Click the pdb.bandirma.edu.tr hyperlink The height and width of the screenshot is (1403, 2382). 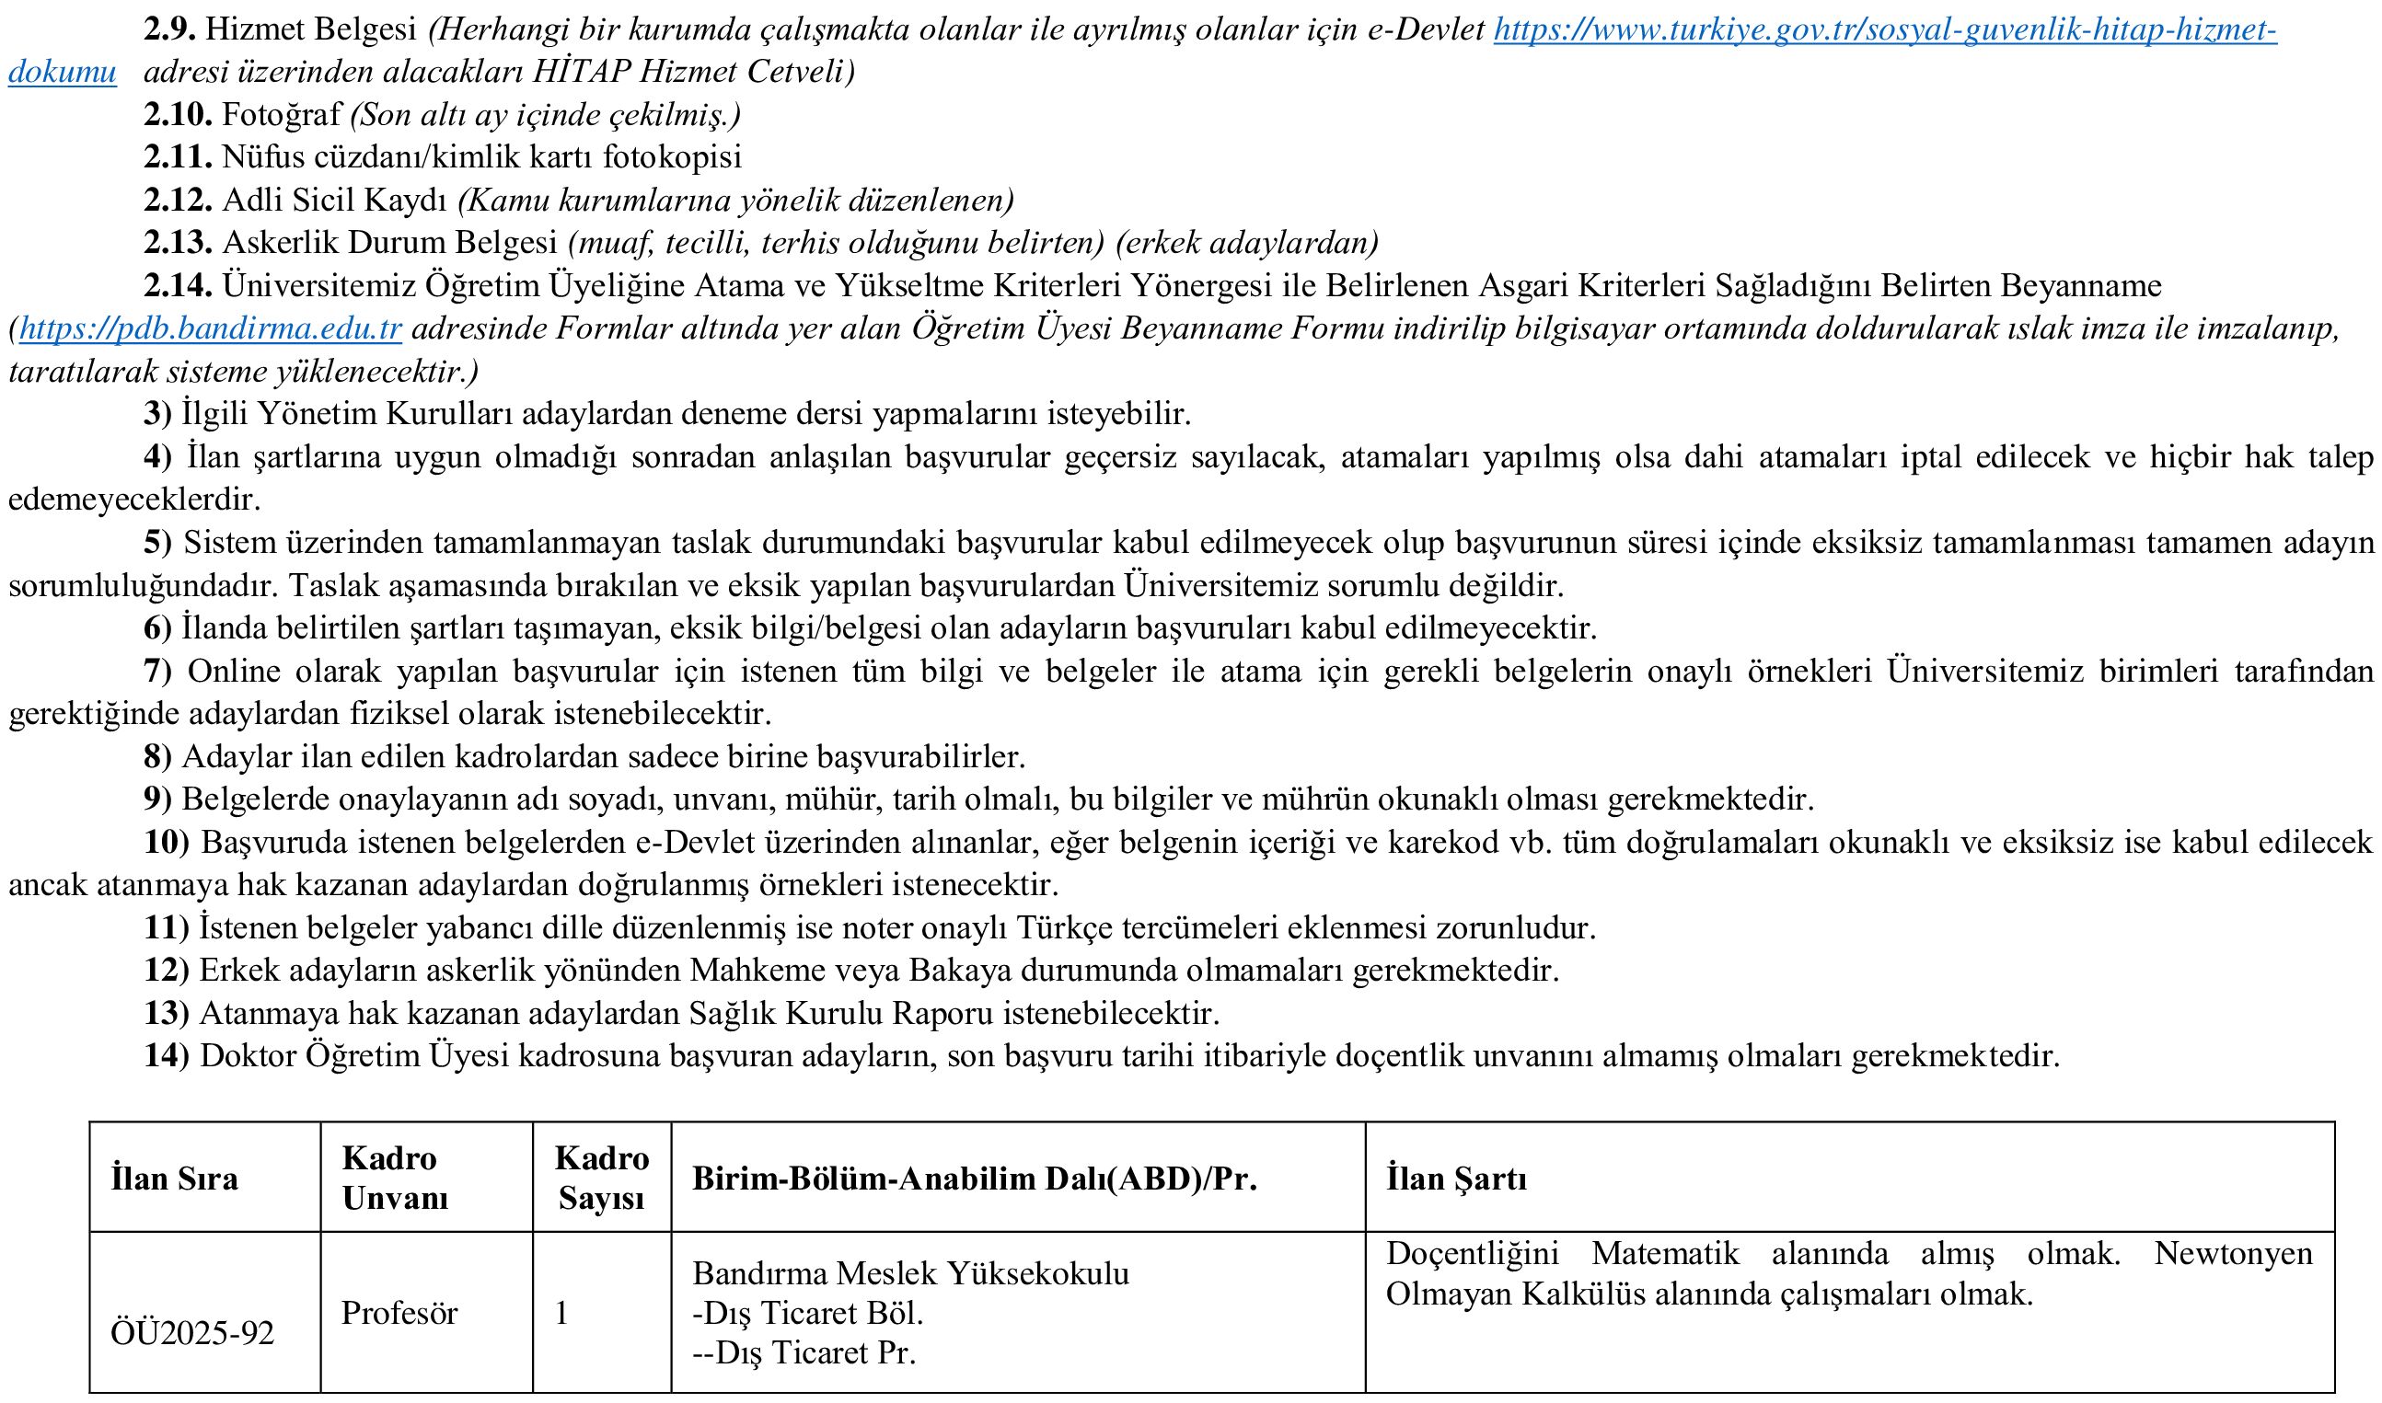click(210, 329)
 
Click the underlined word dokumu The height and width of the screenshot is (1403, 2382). click(63, 72)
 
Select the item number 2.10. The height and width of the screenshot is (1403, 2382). click(178, 114)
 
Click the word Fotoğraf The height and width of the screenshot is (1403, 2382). click(281, 114)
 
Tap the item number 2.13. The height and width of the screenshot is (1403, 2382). click(178, 243)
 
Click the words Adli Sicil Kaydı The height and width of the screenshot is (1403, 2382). click(334, 201)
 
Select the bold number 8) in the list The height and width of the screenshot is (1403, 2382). click(158, 756)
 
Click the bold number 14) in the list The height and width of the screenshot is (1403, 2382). click(167, 1056)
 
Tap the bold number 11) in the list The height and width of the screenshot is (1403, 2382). click(167, 927)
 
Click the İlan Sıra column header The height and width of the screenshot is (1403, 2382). click(174, 1178)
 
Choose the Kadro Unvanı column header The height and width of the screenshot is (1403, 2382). click(394, 1178)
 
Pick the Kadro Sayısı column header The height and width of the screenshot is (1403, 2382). click(601, 1178)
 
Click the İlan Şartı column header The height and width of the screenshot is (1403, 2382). click(1455, 1178)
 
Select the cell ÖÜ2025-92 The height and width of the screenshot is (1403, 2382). click(192, 1333)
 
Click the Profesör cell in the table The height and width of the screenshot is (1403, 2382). click(399, 1312)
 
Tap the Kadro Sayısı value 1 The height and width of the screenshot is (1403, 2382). click(561, 1312)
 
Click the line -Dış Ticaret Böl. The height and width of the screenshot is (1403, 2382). click(806, 1313)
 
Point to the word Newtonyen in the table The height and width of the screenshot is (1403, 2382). click(2233, 1254)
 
